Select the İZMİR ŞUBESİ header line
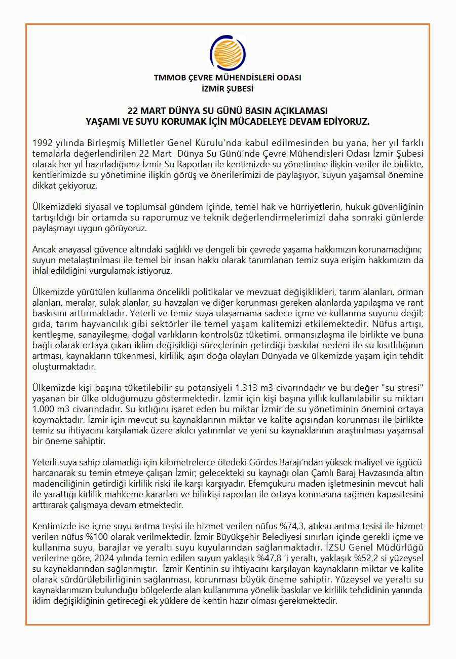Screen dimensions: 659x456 tap(227, 88)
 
